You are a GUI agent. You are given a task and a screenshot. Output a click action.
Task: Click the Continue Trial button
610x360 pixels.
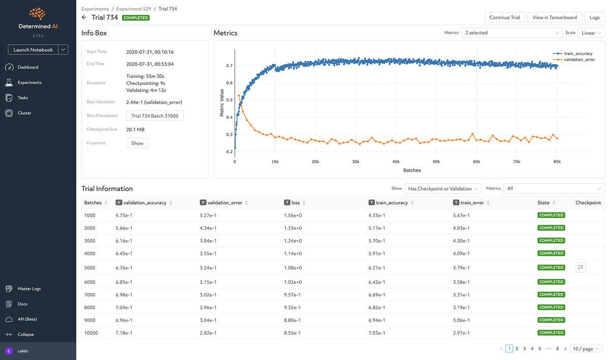(505, 17)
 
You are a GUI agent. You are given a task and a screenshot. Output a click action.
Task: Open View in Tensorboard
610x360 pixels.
(555, 17)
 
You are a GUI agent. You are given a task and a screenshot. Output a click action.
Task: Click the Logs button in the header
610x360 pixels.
(594, 17)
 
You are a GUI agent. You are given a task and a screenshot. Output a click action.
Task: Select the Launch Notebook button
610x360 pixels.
(33, 50)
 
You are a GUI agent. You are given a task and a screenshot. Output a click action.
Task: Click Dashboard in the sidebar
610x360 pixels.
(28, 67)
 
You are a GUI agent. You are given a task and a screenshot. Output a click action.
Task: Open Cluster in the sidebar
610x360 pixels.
(24, 113)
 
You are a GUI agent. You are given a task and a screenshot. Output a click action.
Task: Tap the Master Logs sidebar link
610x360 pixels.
(29, 289)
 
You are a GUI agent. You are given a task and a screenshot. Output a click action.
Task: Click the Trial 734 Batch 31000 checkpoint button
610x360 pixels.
(155, 116)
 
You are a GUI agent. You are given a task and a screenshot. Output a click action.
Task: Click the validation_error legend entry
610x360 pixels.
(579, 59)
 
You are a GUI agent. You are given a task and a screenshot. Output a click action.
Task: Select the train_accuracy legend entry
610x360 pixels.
(578, 53)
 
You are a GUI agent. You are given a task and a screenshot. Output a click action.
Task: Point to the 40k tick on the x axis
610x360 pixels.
(396, 162)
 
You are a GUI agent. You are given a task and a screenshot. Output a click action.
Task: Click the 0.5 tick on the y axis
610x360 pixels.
(229, 100)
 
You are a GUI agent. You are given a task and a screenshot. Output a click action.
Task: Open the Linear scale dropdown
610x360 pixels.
(591, 33)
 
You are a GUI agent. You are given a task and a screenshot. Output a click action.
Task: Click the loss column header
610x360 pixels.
(295, 202)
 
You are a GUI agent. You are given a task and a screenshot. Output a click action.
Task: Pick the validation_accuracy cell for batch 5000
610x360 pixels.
(124, 267)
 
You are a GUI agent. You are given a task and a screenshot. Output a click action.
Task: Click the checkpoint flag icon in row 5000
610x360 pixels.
(581, 267)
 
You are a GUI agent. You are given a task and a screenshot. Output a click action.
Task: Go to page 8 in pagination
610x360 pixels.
(558, 349)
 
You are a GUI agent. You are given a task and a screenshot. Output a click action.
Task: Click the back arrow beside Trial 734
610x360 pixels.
(84, 17)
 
